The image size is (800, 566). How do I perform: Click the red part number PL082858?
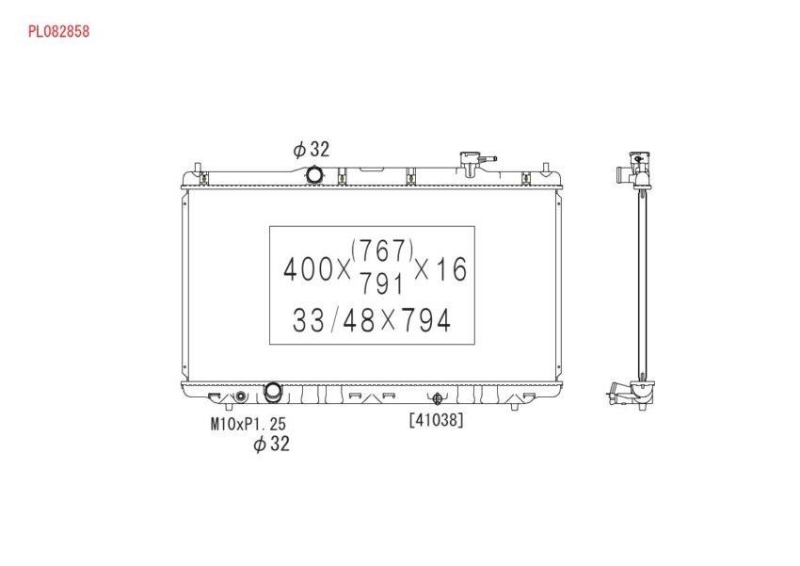click(58, 32)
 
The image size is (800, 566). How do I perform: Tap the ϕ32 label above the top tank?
click(312, 149)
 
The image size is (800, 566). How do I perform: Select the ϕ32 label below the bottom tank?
click(271, 444)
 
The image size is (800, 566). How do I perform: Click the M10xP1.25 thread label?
click(248, 424)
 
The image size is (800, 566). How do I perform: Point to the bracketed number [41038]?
click(436, 420)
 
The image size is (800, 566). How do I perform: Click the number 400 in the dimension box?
click(308, 269)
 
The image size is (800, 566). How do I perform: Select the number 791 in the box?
click(382, 283)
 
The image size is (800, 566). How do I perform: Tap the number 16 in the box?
click(452, 269)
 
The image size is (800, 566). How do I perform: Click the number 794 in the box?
click(425, 320)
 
